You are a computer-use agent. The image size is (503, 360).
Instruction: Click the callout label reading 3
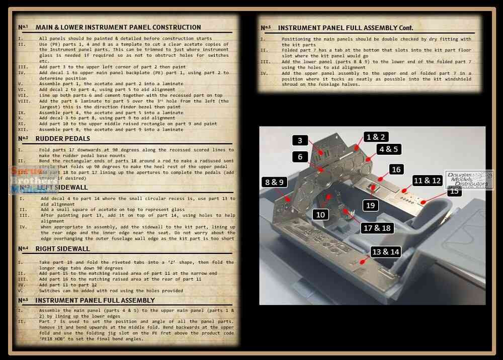(x=300, y=141)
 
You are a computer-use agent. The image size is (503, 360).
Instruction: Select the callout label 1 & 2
(x=376, y=137)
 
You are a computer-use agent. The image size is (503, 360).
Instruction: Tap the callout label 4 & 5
(x=389, y=149)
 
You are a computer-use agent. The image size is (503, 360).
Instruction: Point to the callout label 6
(x=300, y=157)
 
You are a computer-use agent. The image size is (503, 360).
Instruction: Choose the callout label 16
(x=396, y=169)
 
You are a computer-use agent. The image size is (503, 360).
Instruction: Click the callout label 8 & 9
(x=274, y=182)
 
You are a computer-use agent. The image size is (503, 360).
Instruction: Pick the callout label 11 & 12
(x=427, y=180)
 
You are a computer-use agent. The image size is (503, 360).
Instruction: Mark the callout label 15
(x=454, y=191)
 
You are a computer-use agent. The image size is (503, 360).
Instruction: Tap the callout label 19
(x=371, y=205)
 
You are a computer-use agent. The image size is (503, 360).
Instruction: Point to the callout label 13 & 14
(x=386, y=251)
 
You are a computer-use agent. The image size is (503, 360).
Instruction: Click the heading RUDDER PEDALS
(x=63, y=139)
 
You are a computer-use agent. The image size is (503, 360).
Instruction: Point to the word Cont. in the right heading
(x=402, y=28)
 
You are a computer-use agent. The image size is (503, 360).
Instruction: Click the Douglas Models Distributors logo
(x=469, y=180)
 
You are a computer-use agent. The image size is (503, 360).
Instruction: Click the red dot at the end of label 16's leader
(x=382, y=178)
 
